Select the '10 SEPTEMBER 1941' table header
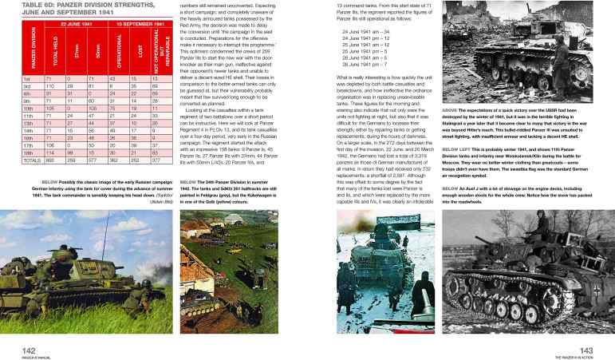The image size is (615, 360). click(140, 26)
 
